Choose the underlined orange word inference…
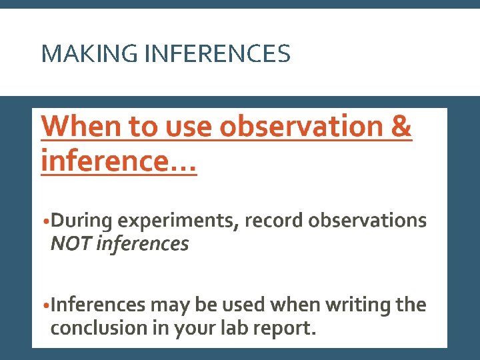coord(119,161)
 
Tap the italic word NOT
coord(71,244)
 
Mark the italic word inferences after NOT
coord(142,244)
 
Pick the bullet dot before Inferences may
coord(45,307)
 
